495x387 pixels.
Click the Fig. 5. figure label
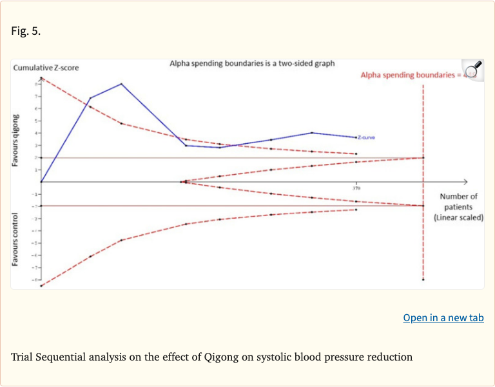click(x=26, y=30)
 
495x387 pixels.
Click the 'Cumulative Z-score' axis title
click(x=45, y=67)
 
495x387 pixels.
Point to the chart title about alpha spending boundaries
click(x=252, y=64)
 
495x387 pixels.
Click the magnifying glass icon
click(x=473, y=68)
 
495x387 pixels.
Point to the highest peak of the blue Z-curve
click(x=121, y=84)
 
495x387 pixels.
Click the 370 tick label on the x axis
click(x=356, y=188)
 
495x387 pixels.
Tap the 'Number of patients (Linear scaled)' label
click(x=458, y=207)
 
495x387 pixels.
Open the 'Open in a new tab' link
click(x=443, y=317)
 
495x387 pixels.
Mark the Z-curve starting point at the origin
click(x=41, y=182)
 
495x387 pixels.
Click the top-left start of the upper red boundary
click(x=41, y=78)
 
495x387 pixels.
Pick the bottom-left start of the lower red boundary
click(x=41, y=286)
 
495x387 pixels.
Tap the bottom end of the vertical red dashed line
click(x=423, y=279)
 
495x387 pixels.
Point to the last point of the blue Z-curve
click(x=356, y=137)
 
